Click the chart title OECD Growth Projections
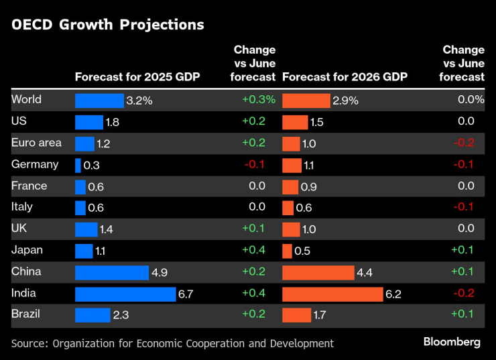(x=107, y=25)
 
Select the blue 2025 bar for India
(x=125, y=294)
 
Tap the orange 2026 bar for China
(x=318, y=272)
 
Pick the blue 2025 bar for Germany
(x=78, y=165)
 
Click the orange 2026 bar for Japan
(x=287, y=251)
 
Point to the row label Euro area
(x=36, y=143)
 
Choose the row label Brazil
(x=26, y=314)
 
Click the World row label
(x=27, y=100)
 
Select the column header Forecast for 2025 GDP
(x=137, y=76)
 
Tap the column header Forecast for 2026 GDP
(x=345, y=76)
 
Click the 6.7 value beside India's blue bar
(x=186, y=294)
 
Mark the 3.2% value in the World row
(x=139, y=101)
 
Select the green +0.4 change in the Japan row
(x=253, y=251)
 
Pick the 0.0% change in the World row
(x=470, y=101)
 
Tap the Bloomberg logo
(x=452, y=342)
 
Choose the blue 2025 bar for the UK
(x=86, y=229)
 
